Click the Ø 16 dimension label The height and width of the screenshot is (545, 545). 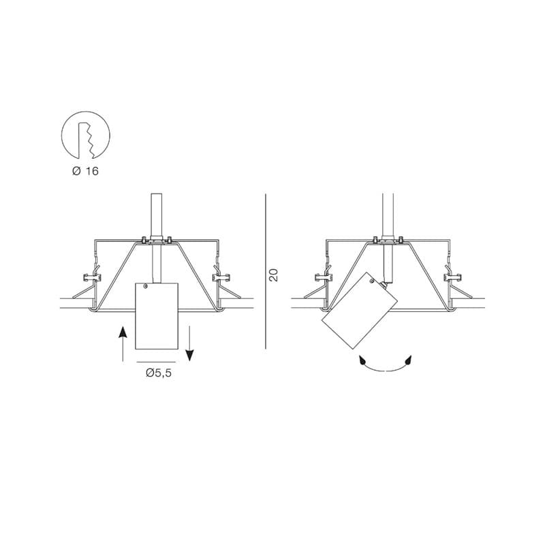[x=85, y=171]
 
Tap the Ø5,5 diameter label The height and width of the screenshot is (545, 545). [x=159, y=373]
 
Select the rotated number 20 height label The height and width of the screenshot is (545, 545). [x=274, y=275]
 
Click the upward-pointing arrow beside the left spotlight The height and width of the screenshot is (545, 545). [x=123, y=344]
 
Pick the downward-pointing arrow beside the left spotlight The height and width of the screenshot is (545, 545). [x=189, y=343]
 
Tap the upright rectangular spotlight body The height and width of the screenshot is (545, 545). [x=157, y=316]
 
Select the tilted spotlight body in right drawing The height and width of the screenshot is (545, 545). [x=360, y=311]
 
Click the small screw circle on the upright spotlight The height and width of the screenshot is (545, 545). [x=145, y=286]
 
